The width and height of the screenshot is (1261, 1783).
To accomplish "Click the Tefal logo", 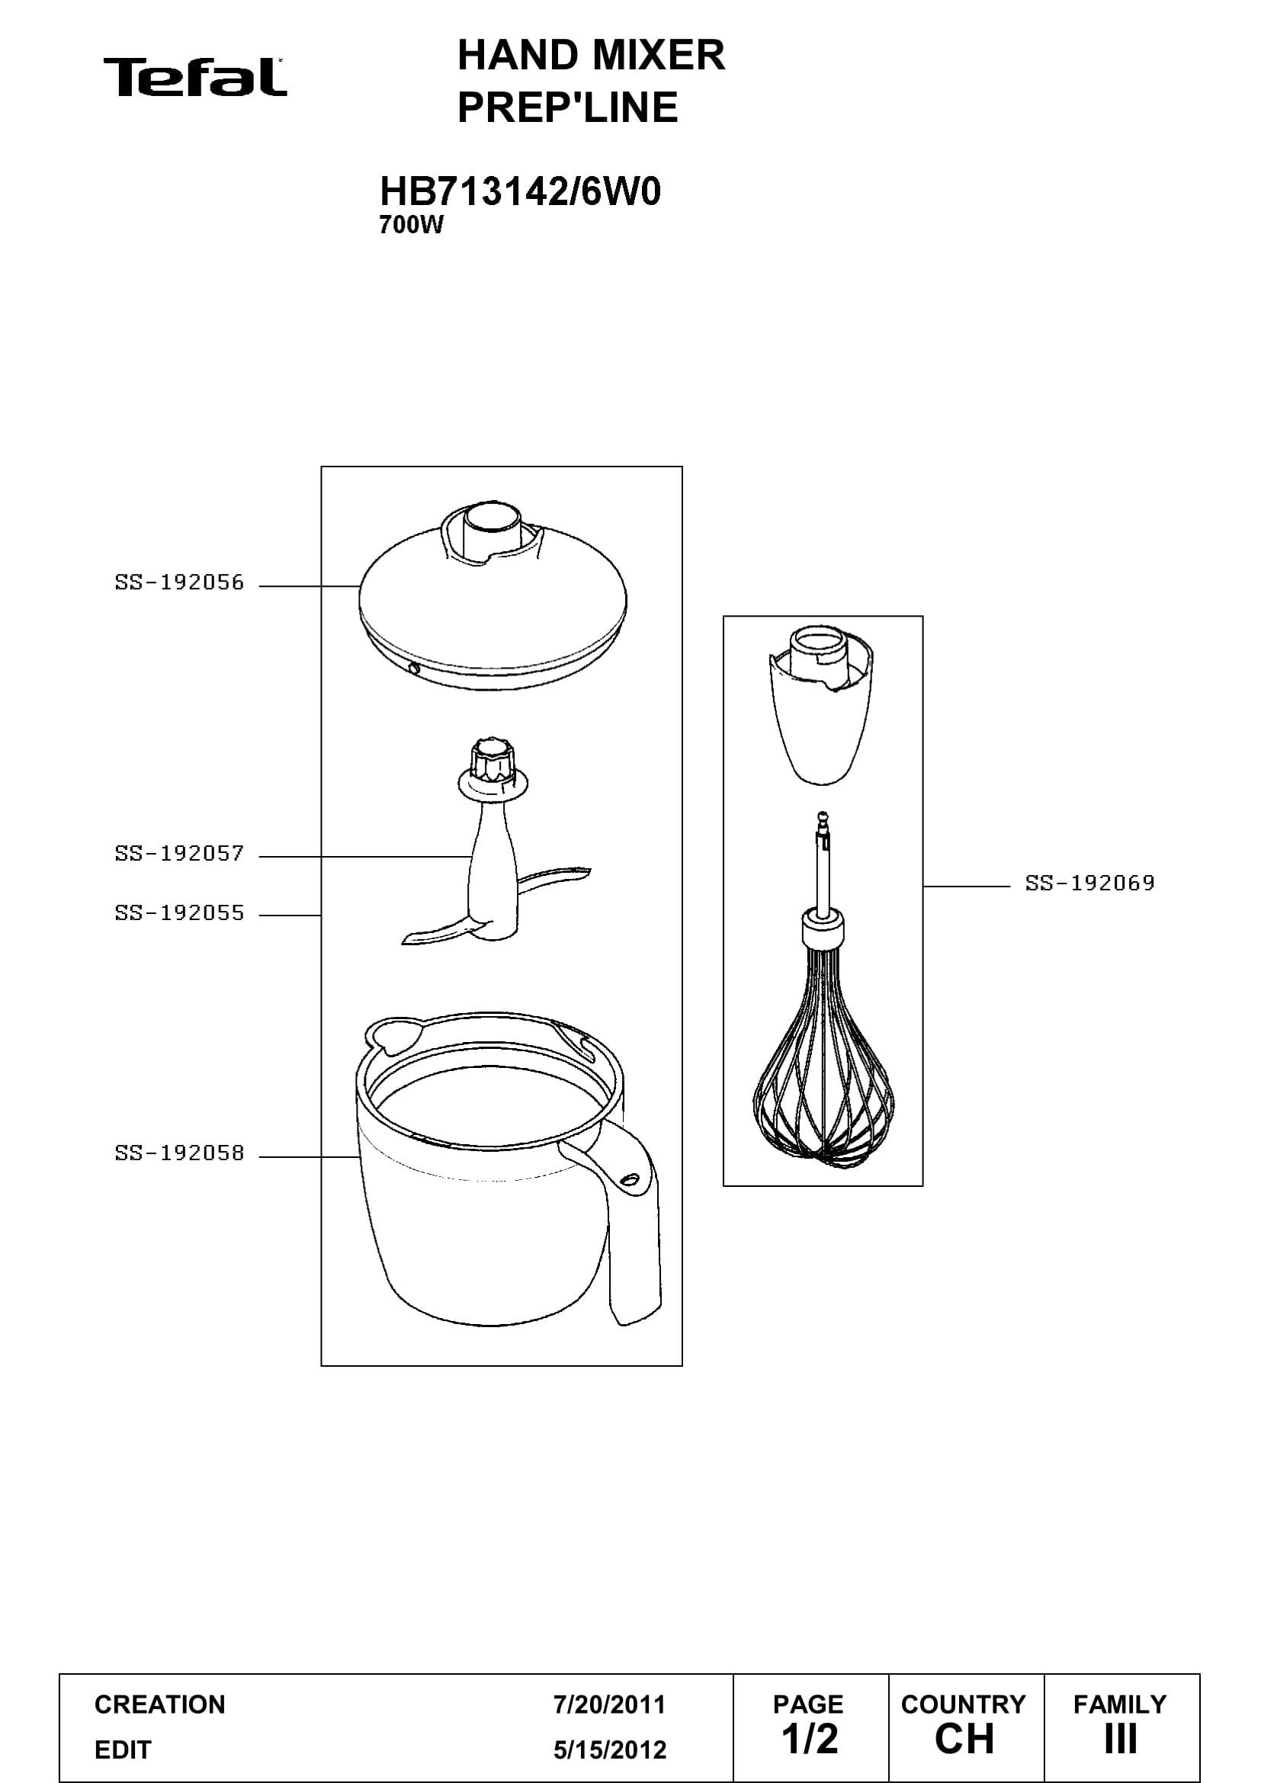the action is [x=195, y=78].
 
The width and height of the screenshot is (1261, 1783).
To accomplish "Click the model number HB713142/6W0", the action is [x=520, y=191].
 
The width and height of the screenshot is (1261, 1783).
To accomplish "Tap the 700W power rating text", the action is [x=411, y=225].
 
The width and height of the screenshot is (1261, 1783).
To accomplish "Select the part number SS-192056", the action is [x=179, y=582].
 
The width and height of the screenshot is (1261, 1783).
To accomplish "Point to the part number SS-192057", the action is [x=179, y=854].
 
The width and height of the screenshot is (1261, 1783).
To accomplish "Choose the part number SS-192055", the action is [x=179, y=913].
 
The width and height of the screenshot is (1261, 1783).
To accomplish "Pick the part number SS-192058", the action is [x=179, y=1153].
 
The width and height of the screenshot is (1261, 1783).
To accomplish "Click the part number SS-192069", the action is [x=1090, y=883].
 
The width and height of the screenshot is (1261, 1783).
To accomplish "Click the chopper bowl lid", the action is [x=493, y=598].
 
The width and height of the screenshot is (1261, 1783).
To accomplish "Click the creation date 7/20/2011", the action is [x=610, y=1704].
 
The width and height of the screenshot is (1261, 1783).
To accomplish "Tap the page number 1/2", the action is [x=810, y=1739].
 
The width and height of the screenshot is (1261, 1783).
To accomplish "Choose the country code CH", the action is [x=964, y=1739].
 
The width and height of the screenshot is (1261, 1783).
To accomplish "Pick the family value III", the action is [x=1121, y=1739].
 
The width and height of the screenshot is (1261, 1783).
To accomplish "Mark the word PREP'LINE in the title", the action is [x=568, y=107].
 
